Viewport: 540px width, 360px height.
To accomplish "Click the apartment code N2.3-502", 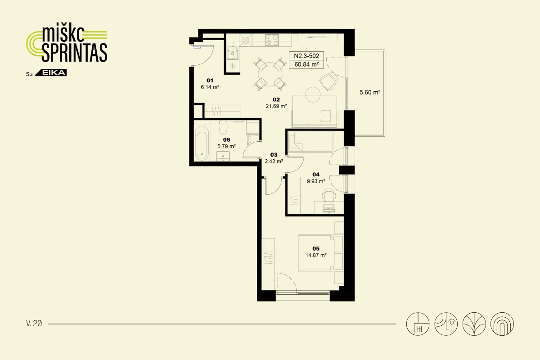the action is pyautogui.click(x=306, y=56).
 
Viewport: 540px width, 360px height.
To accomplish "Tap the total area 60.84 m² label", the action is pyautogui.click(x=306, y=64).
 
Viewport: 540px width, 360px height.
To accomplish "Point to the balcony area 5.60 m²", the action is pyautogui.click(x=370, y=92).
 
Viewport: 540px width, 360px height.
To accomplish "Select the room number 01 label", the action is pyautogui.click(x=210, y=81).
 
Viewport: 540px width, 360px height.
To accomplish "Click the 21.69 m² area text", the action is pyautogui.click(x=276, y=106).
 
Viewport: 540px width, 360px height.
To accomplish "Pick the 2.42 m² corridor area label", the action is pyautogui.click(x=274, y=161).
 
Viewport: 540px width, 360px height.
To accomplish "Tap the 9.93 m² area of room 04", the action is pyautogui.click(x=316, y=181).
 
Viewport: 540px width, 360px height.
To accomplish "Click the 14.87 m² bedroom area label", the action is pyautogui.click(x=316, y=255).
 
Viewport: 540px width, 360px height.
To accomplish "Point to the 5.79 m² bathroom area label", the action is pyautogui.click(x=227, y=146).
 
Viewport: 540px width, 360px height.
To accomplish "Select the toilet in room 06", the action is pyautogui.click(x=223, y=127).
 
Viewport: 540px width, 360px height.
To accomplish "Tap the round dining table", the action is pyautogui.click(x=270, y=74).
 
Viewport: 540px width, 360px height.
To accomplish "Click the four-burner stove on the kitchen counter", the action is pyautogui.click(x=272, y=40).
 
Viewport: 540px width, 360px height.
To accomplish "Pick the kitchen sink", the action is pyautogui.click(x=232, y=53).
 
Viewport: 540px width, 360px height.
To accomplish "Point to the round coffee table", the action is pyautogui.click(x=313, y=94).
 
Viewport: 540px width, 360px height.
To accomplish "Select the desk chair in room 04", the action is pyautogui.click(x=329, y=195).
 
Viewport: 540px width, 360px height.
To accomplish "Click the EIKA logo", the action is pyautogui.click(x=51, y=73).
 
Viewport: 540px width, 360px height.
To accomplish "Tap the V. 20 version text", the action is pyautogui.click(x=34, y=324).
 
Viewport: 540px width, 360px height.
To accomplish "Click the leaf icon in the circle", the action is pyautogui.click(x=474, y=324).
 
